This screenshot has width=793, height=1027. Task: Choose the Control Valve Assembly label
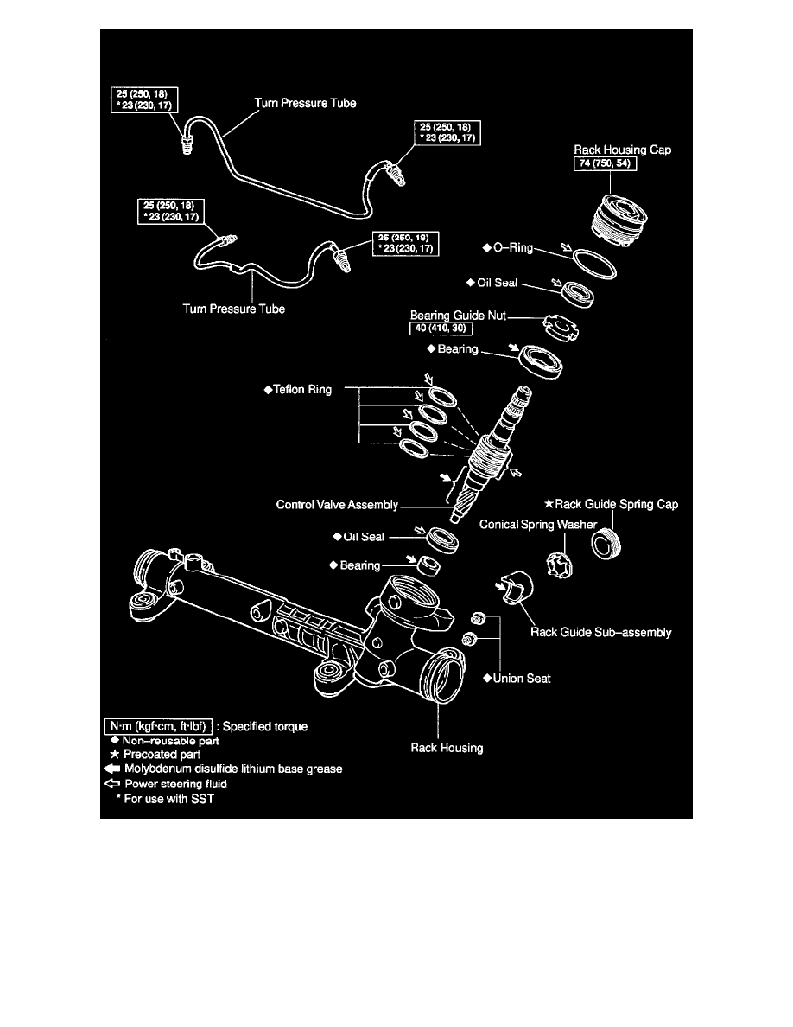[x=337, y=502]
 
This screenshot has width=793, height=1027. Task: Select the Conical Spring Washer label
[x=537, y=524]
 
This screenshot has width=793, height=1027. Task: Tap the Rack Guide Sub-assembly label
[x=601, y=632]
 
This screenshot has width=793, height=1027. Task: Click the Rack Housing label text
[x=447, y=748]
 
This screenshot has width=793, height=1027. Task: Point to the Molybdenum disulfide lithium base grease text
[x=221, y=769]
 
